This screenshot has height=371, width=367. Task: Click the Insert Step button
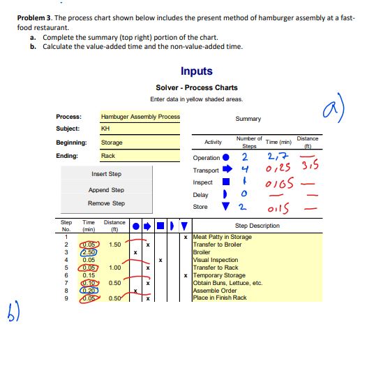tap(106, 173)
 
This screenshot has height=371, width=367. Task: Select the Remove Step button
tap(106, 203)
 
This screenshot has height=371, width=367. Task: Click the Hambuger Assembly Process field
tap(140, 117)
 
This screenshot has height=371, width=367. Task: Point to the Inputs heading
tap(196, 71)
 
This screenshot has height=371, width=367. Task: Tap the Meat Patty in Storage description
tap(223, 238)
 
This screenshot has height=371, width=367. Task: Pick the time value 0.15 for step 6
tap(89, 275)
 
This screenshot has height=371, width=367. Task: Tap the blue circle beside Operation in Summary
tap(226, 158)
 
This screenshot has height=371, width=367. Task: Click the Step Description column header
tap(257, 226)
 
